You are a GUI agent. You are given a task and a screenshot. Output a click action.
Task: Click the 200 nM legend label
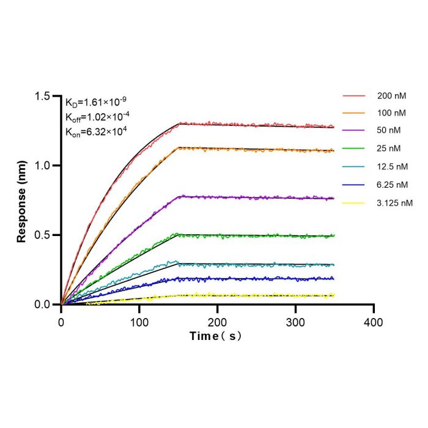(392, 96)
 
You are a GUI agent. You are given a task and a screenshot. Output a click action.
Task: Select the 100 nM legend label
(391, 113)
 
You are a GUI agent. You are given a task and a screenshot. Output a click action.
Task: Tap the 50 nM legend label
(389, 130)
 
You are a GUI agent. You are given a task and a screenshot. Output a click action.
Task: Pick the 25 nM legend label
(389, 149)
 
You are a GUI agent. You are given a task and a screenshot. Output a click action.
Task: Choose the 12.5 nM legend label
(393, 166)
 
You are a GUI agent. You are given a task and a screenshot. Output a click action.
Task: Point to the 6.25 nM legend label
(393, 185)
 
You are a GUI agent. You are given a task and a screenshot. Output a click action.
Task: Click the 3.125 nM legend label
(395, 203)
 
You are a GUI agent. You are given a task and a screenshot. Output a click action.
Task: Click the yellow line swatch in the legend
(353, 203)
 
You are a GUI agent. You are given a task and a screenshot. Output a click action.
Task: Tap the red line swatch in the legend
(354, 96)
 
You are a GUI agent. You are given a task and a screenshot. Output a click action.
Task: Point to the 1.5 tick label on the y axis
(42, 96)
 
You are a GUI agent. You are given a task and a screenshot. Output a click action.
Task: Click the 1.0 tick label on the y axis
(42, 166)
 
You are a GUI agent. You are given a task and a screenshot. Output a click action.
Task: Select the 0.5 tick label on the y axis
(42, 235)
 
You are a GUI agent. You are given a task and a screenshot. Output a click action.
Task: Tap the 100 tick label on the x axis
(139, 323)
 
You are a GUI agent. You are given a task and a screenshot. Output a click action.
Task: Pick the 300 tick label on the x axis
(295, 323)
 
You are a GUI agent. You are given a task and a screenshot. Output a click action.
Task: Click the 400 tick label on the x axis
(374, 323)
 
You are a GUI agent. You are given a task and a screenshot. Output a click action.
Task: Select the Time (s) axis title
(216, 336)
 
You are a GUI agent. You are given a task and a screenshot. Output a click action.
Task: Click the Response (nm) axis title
(21, 202)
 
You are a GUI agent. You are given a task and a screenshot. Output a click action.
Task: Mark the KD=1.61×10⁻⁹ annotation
(96, 102)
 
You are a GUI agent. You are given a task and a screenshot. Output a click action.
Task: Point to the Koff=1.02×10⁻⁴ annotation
(97, 117)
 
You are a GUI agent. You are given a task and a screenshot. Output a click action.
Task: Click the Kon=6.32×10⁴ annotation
(96, 132)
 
